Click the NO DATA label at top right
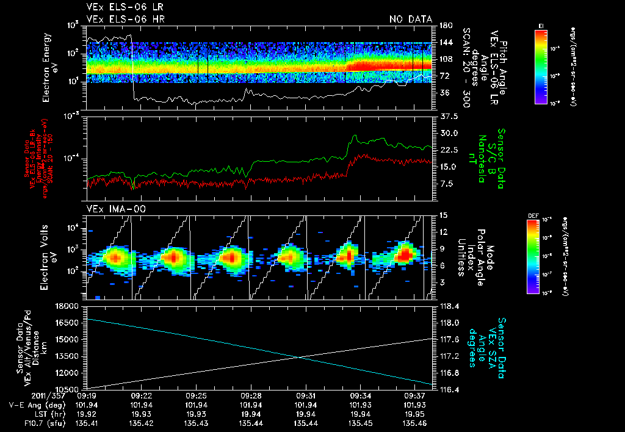click(411, 20)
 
